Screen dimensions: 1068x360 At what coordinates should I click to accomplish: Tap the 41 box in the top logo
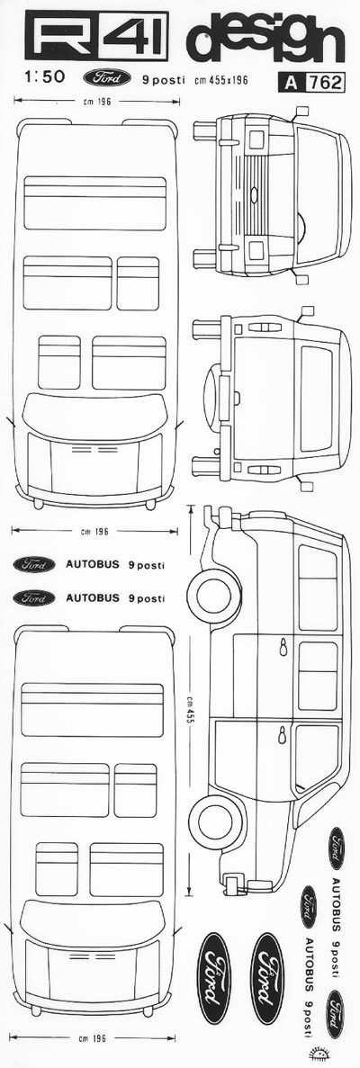click(x=134, y=40)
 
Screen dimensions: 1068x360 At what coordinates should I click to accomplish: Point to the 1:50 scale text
click(x=44, y=78)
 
